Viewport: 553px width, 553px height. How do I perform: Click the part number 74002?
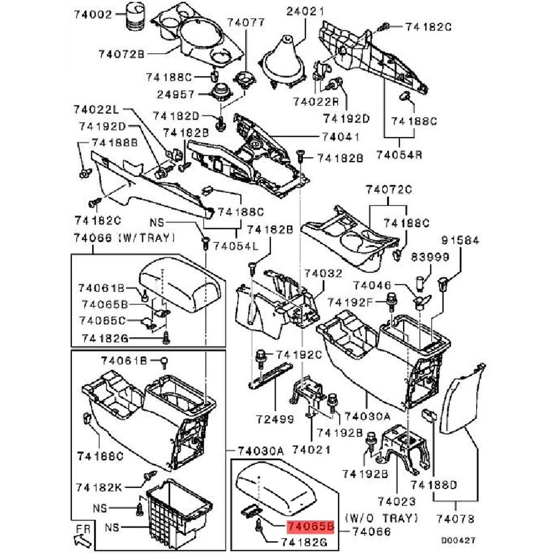93,15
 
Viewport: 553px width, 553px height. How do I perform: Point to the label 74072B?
122,54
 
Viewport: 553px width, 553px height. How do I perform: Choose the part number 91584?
460,241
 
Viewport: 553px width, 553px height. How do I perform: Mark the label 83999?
430,258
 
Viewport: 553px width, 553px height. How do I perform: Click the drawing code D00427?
458,539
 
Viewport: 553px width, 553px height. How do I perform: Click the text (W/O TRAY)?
380,518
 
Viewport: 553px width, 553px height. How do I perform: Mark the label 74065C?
103,320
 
